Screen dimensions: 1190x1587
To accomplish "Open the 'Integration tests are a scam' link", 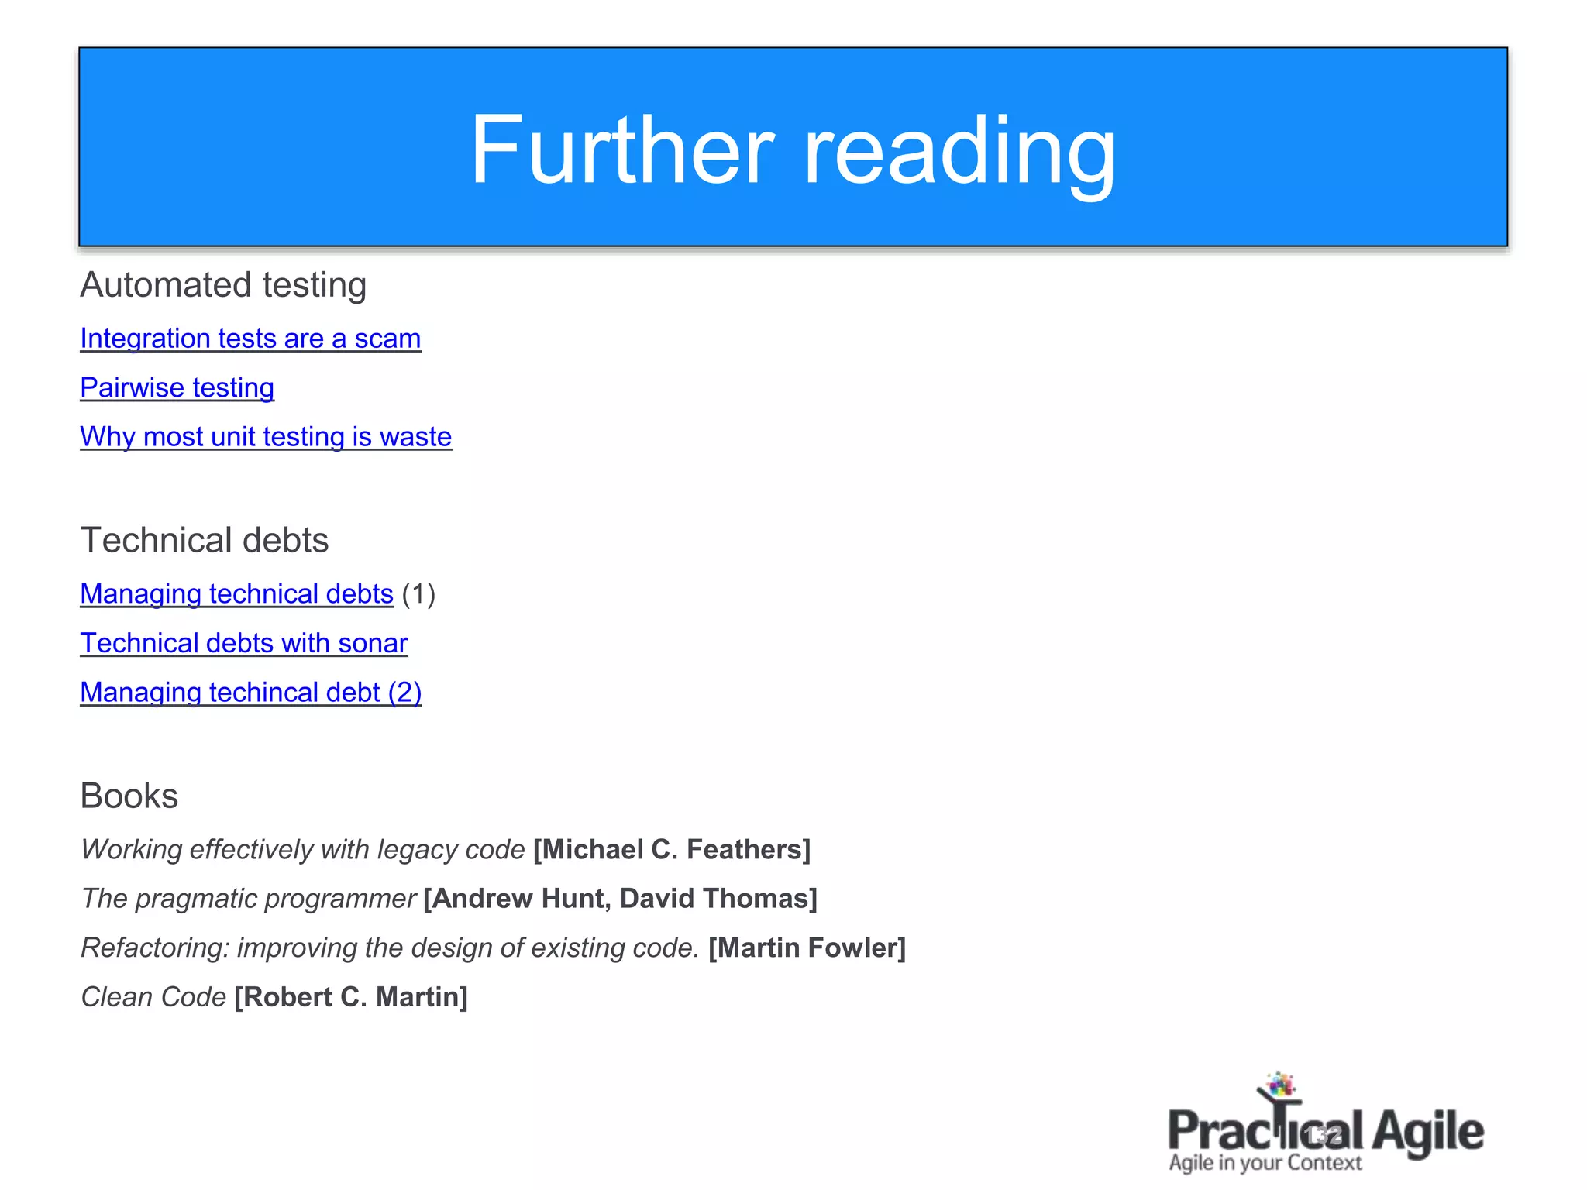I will pyautogui.click(x=250, y=339).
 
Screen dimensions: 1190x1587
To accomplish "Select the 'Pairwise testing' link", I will pyautogui.click(x=177, y=387).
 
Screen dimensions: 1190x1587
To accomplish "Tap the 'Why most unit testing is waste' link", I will pyautogui.click(x=266, y=437).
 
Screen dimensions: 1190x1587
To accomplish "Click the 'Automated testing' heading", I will pyautogui.click(x=223, y=285).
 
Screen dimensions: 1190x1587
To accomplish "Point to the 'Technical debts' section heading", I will pyautogui.click(x=205, y=540).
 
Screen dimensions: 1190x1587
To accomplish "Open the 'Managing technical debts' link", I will pyautogui.click(x=236, y=594).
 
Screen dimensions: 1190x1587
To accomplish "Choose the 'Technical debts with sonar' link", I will pyautogui.click(x=243, y=643).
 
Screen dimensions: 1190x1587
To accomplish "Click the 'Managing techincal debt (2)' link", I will pyautogui.click(x=250, y=693).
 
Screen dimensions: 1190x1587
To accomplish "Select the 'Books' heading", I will pyautogui.click(x=129, y=796).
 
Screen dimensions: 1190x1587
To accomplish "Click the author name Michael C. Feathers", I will pyautogui.click(x=672, y=850).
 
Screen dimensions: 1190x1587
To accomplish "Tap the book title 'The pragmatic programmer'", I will pyautogui.click(x=248, y=899).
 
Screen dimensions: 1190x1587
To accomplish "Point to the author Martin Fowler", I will pyautogui.click(x=807, y=948).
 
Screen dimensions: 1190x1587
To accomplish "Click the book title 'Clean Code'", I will pyautogui.click(x=153, y=997).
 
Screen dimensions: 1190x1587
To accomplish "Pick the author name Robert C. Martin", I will pyautogui.click(x=351, y=997).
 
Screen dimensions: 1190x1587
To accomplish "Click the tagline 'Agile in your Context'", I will pyautogui.click(x=1265, y=1163).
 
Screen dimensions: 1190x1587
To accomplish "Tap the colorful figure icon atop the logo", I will pyautogui.click(x=1279, y=1087).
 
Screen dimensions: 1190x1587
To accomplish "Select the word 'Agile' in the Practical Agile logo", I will pyautogui.click(x=1428, y=1133).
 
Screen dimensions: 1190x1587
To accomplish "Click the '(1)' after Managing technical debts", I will pyautogui.click(x=418, y=594).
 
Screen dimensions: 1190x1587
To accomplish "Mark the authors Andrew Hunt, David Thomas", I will pyautogui.click(x=621, y=899).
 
